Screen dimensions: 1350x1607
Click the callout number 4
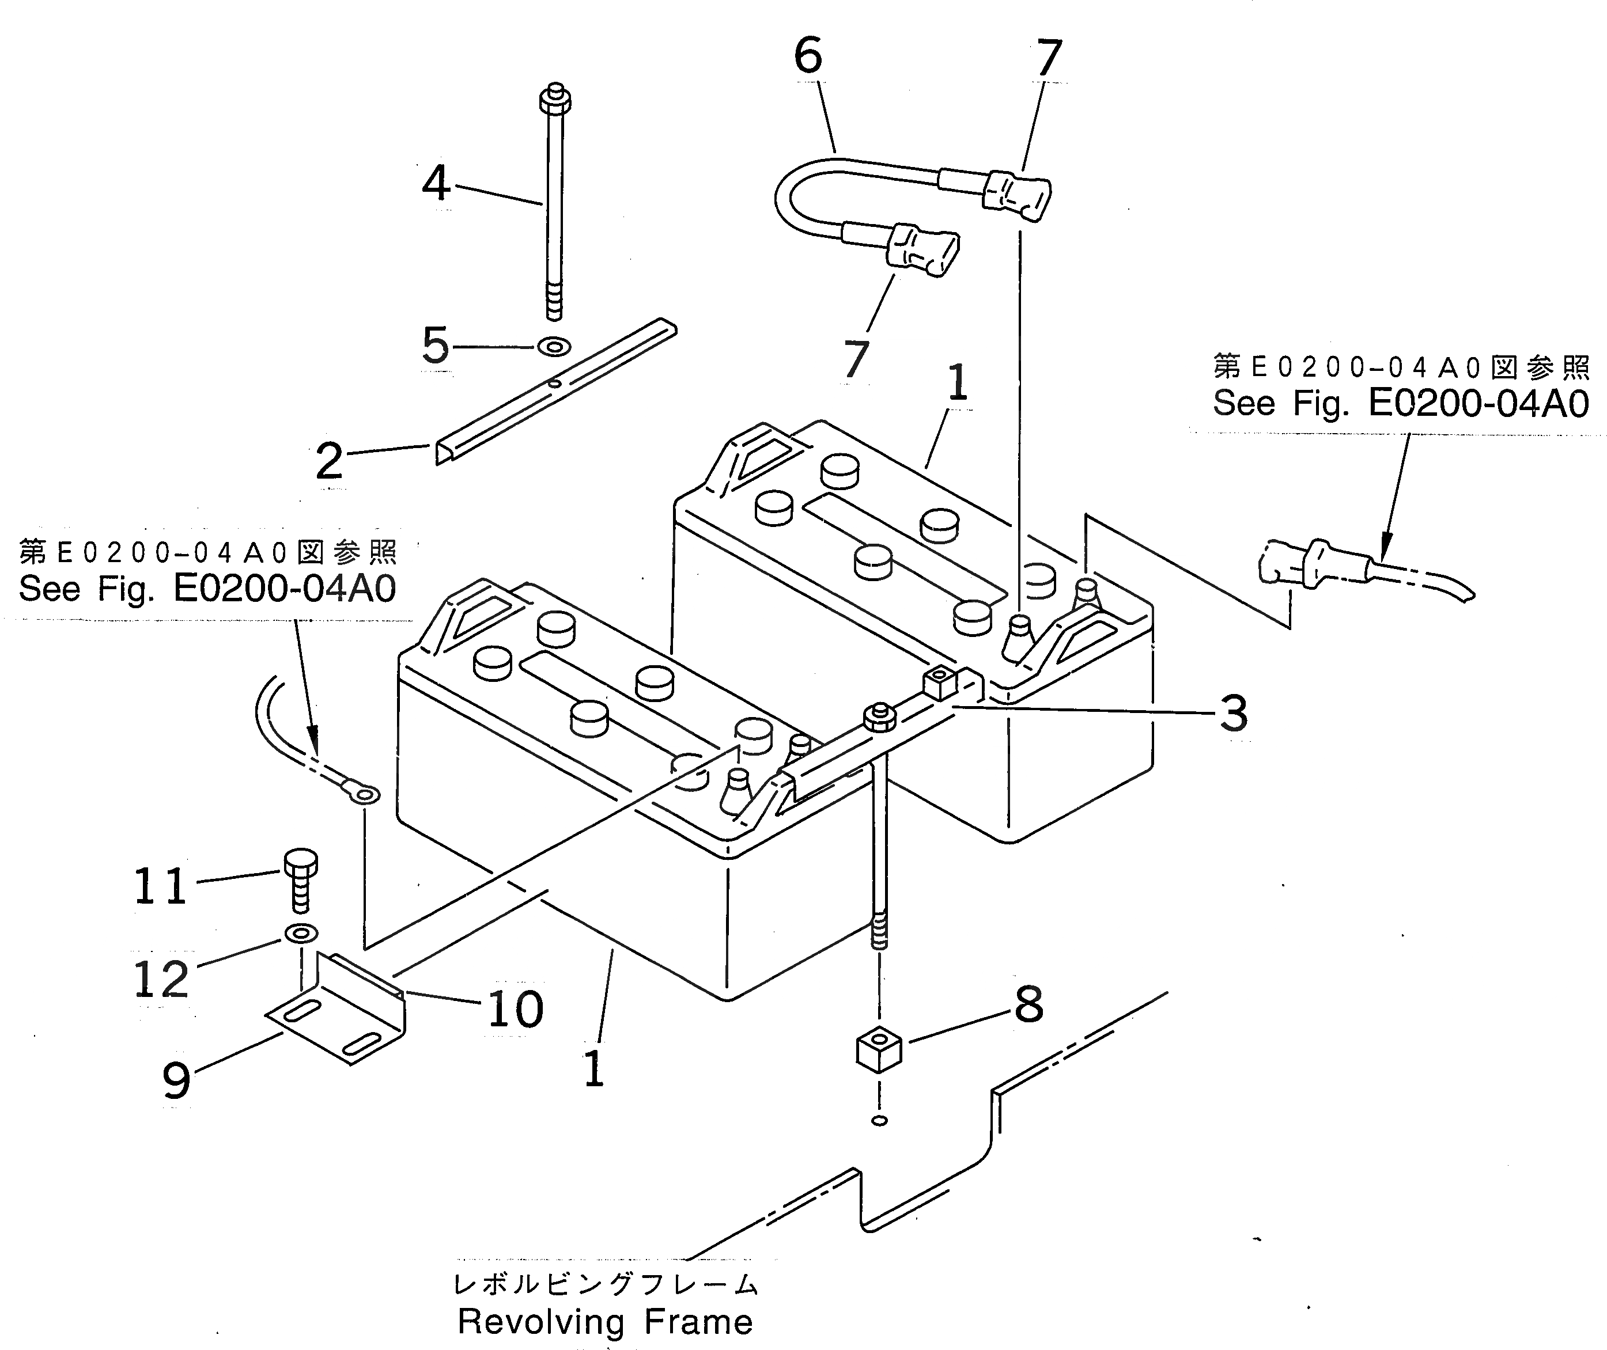point(436,184)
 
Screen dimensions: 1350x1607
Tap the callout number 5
point(436,345)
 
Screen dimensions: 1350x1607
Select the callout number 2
point(329,461)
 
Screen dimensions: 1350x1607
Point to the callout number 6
point(808,56)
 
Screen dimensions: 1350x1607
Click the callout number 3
point(1232,713)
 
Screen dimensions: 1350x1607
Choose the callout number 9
point(176,1080)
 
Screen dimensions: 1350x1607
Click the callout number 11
point(160,886)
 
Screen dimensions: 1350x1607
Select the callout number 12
point(161,979)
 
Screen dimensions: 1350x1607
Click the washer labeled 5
point(554,347)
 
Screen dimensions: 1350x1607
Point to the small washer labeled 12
point(302,933)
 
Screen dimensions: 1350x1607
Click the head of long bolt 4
point(555,98)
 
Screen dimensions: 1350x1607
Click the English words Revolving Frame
point(605,1322)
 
